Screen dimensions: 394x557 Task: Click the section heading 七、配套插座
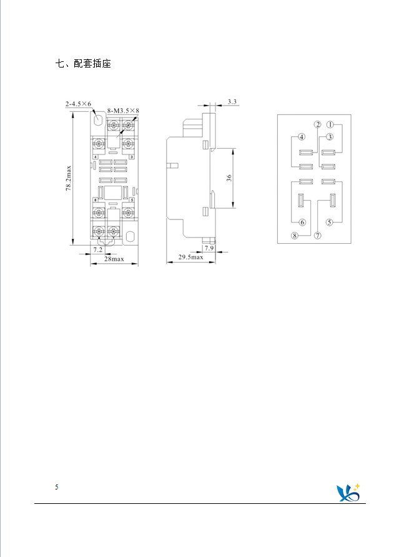pyautogui.click(x=83, y=64)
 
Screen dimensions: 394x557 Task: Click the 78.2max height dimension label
pyautogui.click(x=69, y=178)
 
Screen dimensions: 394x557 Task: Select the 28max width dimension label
pyautogui.click(x=114, y=259)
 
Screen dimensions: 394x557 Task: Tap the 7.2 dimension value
pyautogui.click(x=97, y=249)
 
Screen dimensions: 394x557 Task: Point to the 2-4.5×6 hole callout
pyautogui.click(x=78, y=104)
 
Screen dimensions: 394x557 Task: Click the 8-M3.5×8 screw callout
pyautogui.click(x=123, y=111)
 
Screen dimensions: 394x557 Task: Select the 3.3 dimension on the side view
pyautogui.click(x=232, y=102)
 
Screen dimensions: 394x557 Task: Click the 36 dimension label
pyautogui.click(x=229, y=178)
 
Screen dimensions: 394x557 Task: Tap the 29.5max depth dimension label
pyautogui.click(x=190, y=257)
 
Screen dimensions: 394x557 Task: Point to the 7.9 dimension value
pyautogui.click(x=209, y=248)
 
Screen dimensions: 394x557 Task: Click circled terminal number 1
pyautogui.click(x=330, y=124)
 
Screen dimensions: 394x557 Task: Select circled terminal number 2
pyautogui.click(x=318, y=124)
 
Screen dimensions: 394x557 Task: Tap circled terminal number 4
pyautogui.click(x=302, y=137)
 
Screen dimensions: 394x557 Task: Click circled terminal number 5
pyautogui.click(x=330, y=223)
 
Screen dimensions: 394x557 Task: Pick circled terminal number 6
pyautogui.click(x=302, y=223)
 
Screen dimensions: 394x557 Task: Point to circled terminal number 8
pyautogui.click(x=295, y=235)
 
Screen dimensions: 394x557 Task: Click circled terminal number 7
pyautogui.click(x=318, y=235)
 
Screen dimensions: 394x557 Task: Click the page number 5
pyautogui.click(x=56, y=487)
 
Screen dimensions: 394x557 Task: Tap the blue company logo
pyautogui.click(x=348, y=493)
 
